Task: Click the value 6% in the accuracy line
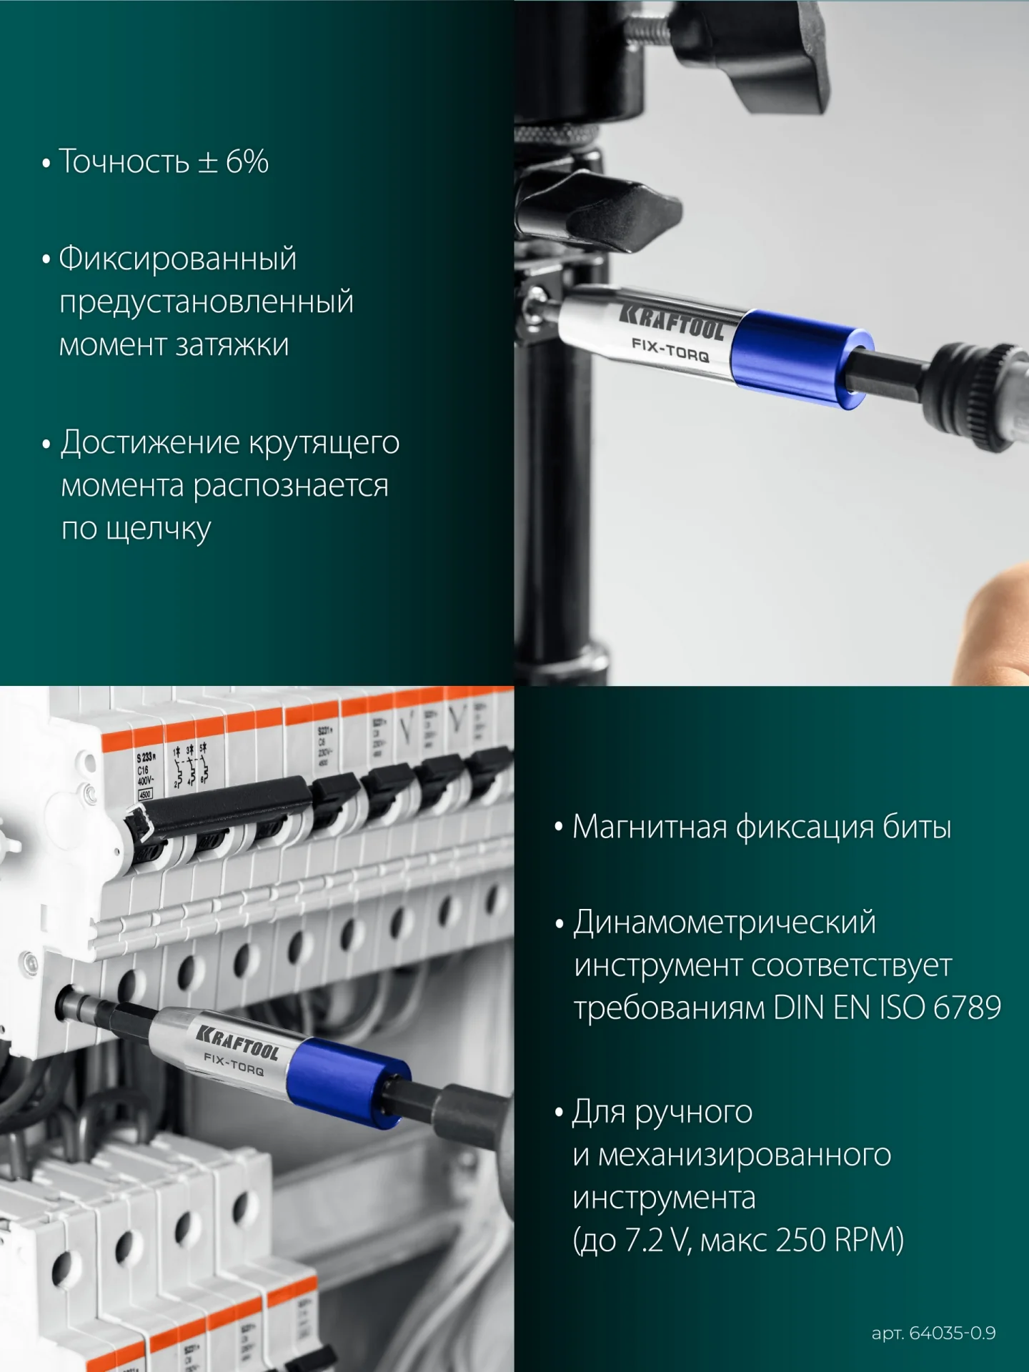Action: [x=247, y=161]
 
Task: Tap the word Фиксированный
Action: [x=177, y=258]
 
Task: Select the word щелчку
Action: [x=158, y=530]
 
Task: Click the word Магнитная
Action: [x=649, y=827]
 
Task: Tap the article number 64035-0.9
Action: [x=952, y=1333]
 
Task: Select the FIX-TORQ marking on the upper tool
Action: [x=670, y=349]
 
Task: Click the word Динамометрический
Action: [x=725, y=923]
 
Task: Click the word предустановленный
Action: [x=206, y=302]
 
